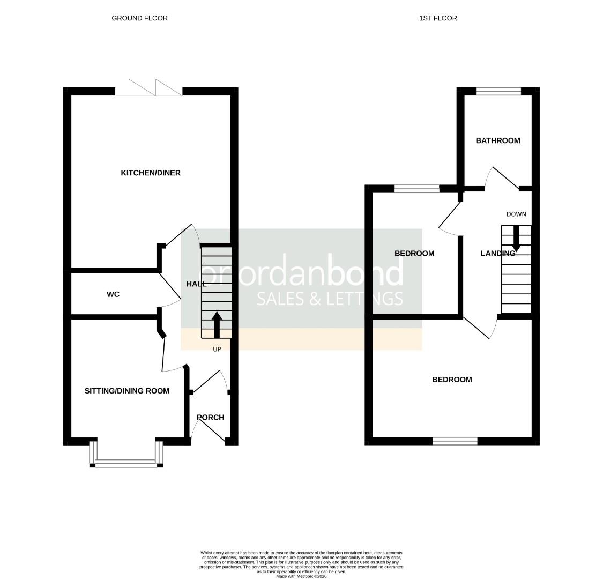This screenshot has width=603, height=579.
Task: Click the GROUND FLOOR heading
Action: click(x=139, y=18)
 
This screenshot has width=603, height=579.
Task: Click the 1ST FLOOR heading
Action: click(x=438, y=18)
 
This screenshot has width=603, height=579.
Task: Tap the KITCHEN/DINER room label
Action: click(x=151, y=173)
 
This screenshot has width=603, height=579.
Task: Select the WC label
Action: click(x=113, y=294)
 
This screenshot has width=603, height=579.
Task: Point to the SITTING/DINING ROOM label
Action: click(x=127, y=391)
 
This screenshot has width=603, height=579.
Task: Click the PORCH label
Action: click(x=210, y=418)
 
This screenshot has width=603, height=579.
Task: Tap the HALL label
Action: click(x=196, y=284)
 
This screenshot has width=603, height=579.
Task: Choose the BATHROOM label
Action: click(x=497, y=140)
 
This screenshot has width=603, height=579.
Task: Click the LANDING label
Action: click(x=497, y=253)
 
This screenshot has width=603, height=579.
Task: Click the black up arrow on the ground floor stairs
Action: click(x=217, y=325)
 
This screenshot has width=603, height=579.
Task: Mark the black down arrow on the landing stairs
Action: click(x=516, y=238)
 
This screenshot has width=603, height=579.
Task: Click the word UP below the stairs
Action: click(x=217, y=349)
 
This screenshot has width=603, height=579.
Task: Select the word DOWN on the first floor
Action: click(x=516, y=214)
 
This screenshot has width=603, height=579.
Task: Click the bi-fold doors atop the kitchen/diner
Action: click(x=149, y=89)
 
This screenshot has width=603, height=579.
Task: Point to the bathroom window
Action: click(x=498, y=91)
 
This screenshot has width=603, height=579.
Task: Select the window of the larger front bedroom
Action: click(x=455, y=441)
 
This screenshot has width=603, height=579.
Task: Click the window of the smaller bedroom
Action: click(x=416, y=188)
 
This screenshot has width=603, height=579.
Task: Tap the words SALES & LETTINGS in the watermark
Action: click(x=330, y=299)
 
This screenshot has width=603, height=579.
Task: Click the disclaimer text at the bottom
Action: click(x=301, y=564)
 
